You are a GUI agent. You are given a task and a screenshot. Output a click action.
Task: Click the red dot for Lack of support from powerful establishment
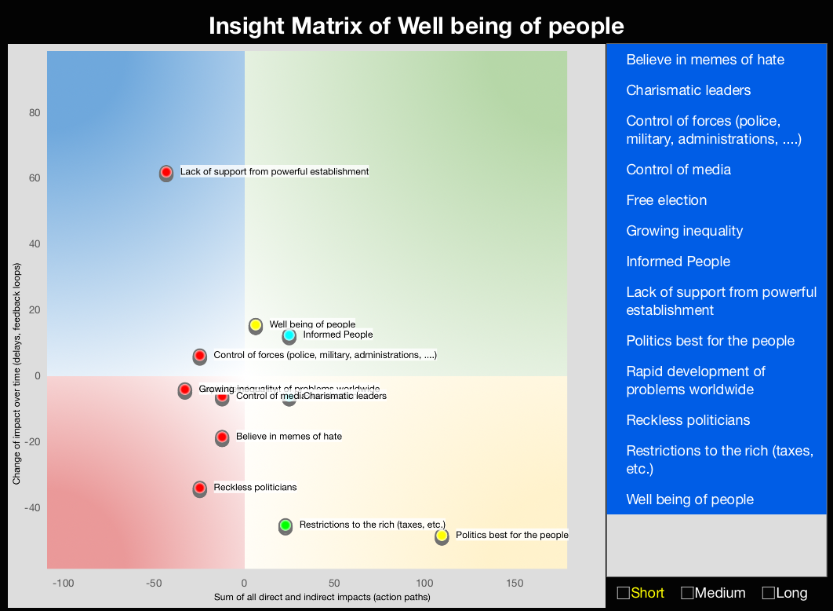tap(166, 172)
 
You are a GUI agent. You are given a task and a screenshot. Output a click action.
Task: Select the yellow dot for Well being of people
tap(256, 325)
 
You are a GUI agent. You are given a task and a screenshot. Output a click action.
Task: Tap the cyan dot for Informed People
tap(289, 335)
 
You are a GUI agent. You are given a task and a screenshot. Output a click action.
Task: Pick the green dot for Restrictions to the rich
tap(286, 525)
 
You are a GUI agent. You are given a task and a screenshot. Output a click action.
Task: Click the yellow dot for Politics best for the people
tap(442, 536)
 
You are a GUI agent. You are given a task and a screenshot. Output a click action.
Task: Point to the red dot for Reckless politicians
tap(200, 488)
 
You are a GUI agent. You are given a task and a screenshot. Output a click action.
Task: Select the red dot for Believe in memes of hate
tap(222, 437)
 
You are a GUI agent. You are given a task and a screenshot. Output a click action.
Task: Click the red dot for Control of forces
tap(200, 356)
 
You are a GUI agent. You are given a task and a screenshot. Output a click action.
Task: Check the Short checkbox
tap(624, 593)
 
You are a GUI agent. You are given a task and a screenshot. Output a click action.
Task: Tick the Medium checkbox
tap(687, 593)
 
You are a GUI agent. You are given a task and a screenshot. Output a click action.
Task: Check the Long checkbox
tap(769, 593)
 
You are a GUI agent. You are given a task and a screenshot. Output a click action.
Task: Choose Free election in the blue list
tap(666, 200)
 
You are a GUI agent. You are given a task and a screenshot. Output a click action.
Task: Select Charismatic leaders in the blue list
tap(688, 90)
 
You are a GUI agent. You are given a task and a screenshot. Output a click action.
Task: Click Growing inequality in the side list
tap(684, 231)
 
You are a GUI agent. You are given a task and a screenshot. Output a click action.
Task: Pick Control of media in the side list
tap(678, 170)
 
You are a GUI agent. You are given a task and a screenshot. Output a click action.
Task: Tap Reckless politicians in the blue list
tap(688, 420)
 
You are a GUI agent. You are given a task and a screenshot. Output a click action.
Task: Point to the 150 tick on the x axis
tap(515, 583)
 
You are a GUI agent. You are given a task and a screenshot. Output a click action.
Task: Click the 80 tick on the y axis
tap(35, 113)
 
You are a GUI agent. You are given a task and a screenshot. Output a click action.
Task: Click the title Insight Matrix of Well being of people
tap(416, 26)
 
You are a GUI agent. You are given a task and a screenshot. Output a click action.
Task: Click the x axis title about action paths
tap(322, 598)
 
